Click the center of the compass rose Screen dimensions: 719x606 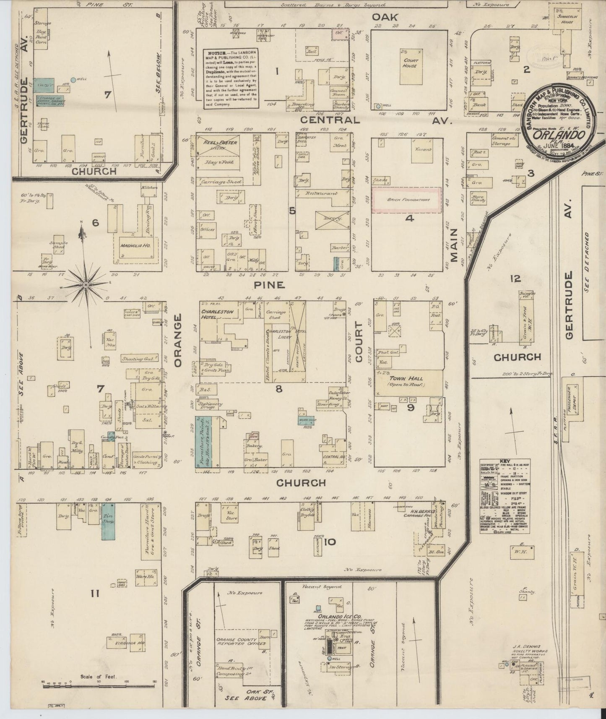[86, 285]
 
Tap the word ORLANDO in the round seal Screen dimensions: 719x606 [559, 135]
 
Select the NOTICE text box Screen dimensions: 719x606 [230, 78]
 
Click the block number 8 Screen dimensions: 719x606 [278, 389]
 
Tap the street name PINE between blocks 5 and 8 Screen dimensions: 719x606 [276, 285]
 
